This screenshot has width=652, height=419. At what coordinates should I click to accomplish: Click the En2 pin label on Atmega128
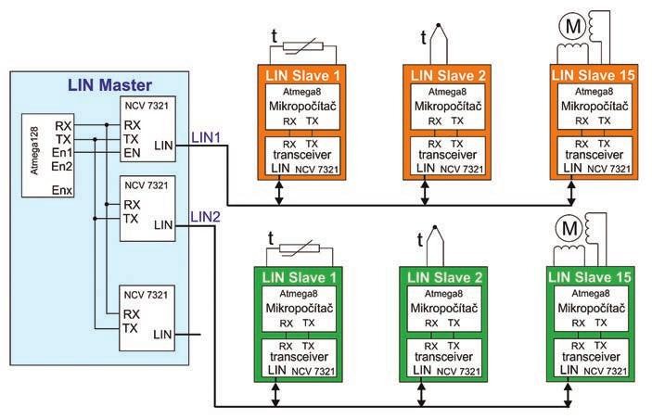coord(63,166)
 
